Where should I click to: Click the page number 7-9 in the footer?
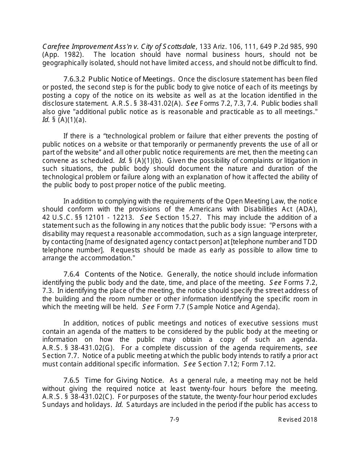click(174, 419)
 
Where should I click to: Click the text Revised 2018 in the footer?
click(297, 419)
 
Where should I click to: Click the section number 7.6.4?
click(72, 274)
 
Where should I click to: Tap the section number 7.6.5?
click(72, 380)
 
